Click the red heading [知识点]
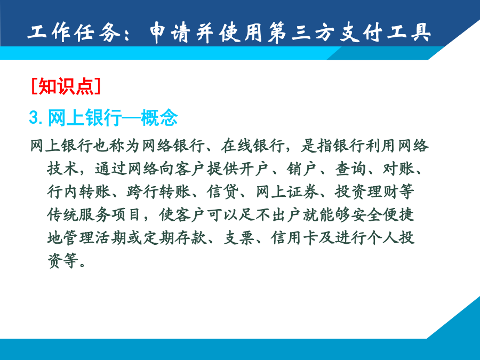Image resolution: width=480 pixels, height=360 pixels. pyautogui.click(x=66, y=86)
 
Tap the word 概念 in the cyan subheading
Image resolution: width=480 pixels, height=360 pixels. pyautogui.click(x=159, y=117)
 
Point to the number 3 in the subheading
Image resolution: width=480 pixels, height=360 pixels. pyautogui.click(x=34, y=117)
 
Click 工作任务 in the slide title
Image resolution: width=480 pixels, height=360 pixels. pyautogui.click(x=74, y=32)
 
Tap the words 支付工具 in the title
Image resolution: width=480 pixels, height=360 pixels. pyautogui.click(x=386, y=32)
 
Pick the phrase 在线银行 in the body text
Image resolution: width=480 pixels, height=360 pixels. pyautogui.click(x=252, y=146)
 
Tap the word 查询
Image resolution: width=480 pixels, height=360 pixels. pyautogui.click(x=350, y=169)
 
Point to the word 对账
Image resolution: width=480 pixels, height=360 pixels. pyautogui.click(x=398, y=169)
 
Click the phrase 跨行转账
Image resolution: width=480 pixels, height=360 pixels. pyautogui.click(x=158, y=192)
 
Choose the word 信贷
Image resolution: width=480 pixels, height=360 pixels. pyautogui.click(x=222, y=192)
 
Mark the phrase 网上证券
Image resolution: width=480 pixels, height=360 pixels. pyautogui.click(x=286, y=192)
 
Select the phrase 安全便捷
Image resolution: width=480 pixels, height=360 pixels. pyautogui.click(x=382, y=215)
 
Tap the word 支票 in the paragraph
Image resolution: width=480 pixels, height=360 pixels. pyautogui.click(x=239, y=238)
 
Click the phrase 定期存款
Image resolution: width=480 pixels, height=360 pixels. pyautogui.click(x=175, y=238)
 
